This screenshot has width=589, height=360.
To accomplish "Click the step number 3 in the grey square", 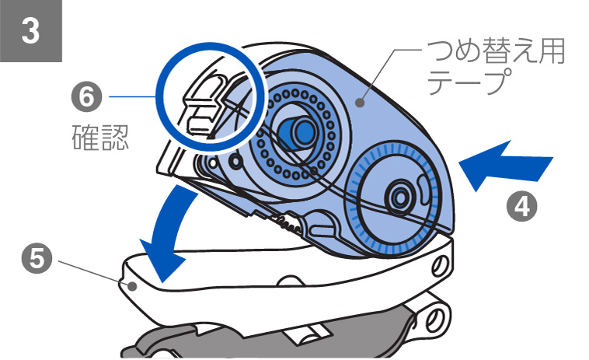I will click(x=30, y=32).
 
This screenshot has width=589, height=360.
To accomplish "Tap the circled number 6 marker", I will click(x=86, y=98).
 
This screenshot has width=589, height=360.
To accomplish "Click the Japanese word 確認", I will click(x=96, y=138).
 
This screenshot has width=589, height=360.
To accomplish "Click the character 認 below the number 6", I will click(x=113, y=138).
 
